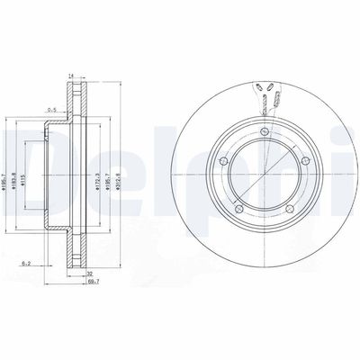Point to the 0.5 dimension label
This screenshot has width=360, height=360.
pyautogui.click(x=51, y=111)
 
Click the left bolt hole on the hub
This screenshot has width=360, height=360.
pyautogui.click(x=224, y=158)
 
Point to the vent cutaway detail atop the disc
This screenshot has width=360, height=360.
pyautogui.click(x=265, y=95)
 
